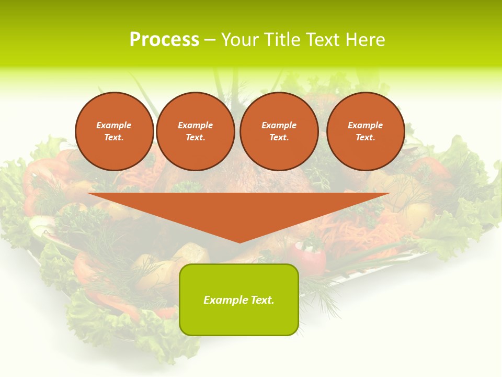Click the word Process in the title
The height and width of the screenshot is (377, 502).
point(164,40)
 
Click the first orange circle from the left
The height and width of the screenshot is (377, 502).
point(115,131)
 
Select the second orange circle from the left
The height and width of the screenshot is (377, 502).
point(196,131)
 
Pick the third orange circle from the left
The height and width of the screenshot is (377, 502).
point(279,131)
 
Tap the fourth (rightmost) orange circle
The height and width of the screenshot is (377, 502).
point(366,131)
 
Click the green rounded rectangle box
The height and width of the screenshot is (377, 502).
point(239,300)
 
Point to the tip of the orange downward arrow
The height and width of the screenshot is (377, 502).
point(239,242)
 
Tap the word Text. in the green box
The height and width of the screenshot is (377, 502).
point(261,300)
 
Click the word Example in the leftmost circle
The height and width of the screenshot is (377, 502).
point(114,125)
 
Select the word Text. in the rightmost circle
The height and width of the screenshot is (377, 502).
point(366,138)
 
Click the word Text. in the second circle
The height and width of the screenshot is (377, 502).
point(196,138)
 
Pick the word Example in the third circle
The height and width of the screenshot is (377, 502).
point(279,125)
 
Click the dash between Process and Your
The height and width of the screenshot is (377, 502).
point(210,40)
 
